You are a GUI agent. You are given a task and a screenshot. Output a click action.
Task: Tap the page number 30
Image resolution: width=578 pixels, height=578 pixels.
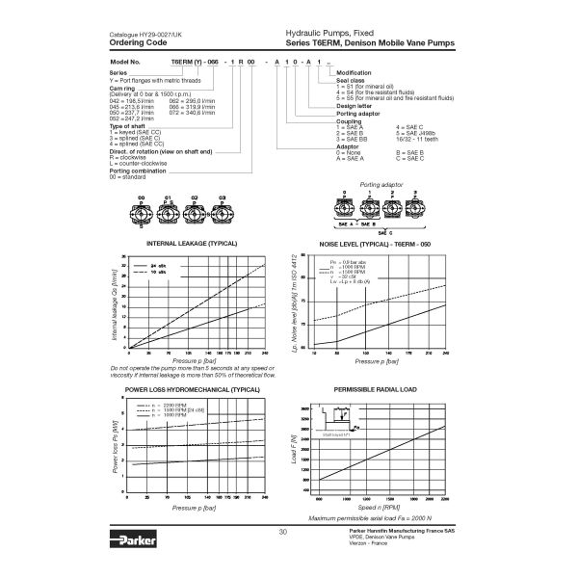point(282,532)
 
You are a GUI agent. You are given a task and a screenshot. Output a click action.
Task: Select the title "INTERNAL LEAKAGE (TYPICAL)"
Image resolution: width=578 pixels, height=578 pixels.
point(189,245)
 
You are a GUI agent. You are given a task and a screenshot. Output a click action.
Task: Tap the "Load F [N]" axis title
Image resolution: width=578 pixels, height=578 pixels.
point(292,447)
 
